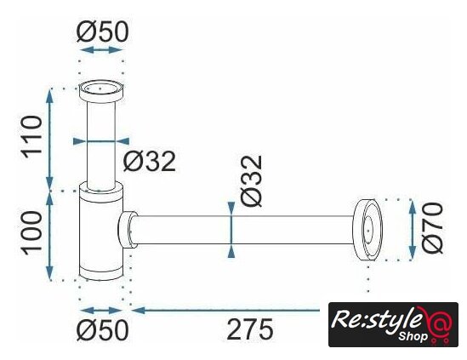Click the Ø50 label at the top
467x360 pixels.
(102, 31)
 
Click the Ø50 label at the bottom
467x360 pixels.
(102, 330)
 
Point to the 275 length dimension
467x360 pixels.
(249, 329)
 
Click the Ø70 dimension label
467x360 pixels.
(432, 228)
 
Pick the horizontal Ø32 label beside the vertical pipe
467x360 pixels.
(150, 161)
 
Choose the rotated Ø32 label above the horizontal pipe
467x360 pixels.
(252, 181)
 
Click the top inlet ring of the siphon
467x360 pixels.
(101, 92)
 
